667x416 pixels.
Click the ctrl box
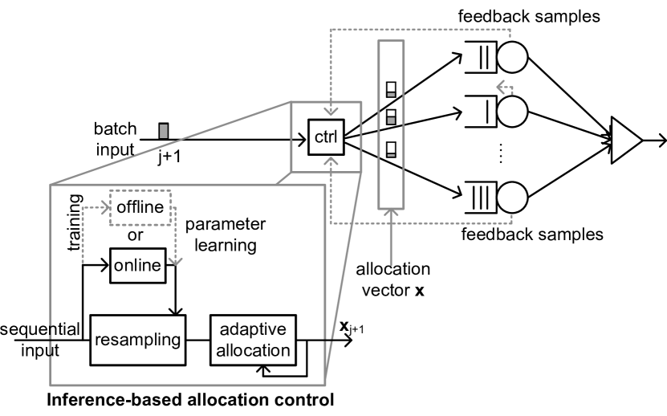pos(326,139)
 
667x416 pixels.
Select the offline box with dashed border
pos(140,208)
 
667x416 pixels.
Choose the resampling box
pos(136,340)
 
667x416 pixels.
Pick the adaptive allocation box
pos(253,340)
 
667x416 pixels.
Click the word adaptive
pos(253,330)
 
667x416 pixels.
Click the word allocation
pos(253,350)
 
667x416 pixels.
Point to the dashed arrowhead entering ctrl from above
pos(330,112)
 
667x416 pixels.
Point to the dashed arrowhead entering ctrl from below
pos(330,162)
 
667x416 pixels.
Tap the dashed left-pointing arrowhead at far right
pos(501,88)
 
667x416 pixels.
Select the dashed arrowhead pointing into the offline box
pos(106,207)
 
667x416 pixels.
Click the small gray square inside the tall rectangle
pos(391,121)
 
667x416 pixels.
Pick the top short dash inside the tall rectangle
pos(391,95)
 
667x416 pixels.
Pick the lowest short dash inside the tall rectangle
pos(391,155)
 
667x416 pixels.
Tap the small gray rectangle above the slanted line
pos(163,132)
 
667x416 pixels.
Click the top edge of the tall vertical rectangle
pos(391,42)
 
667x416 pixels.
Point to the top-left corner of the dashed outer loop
pos(330,30)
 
